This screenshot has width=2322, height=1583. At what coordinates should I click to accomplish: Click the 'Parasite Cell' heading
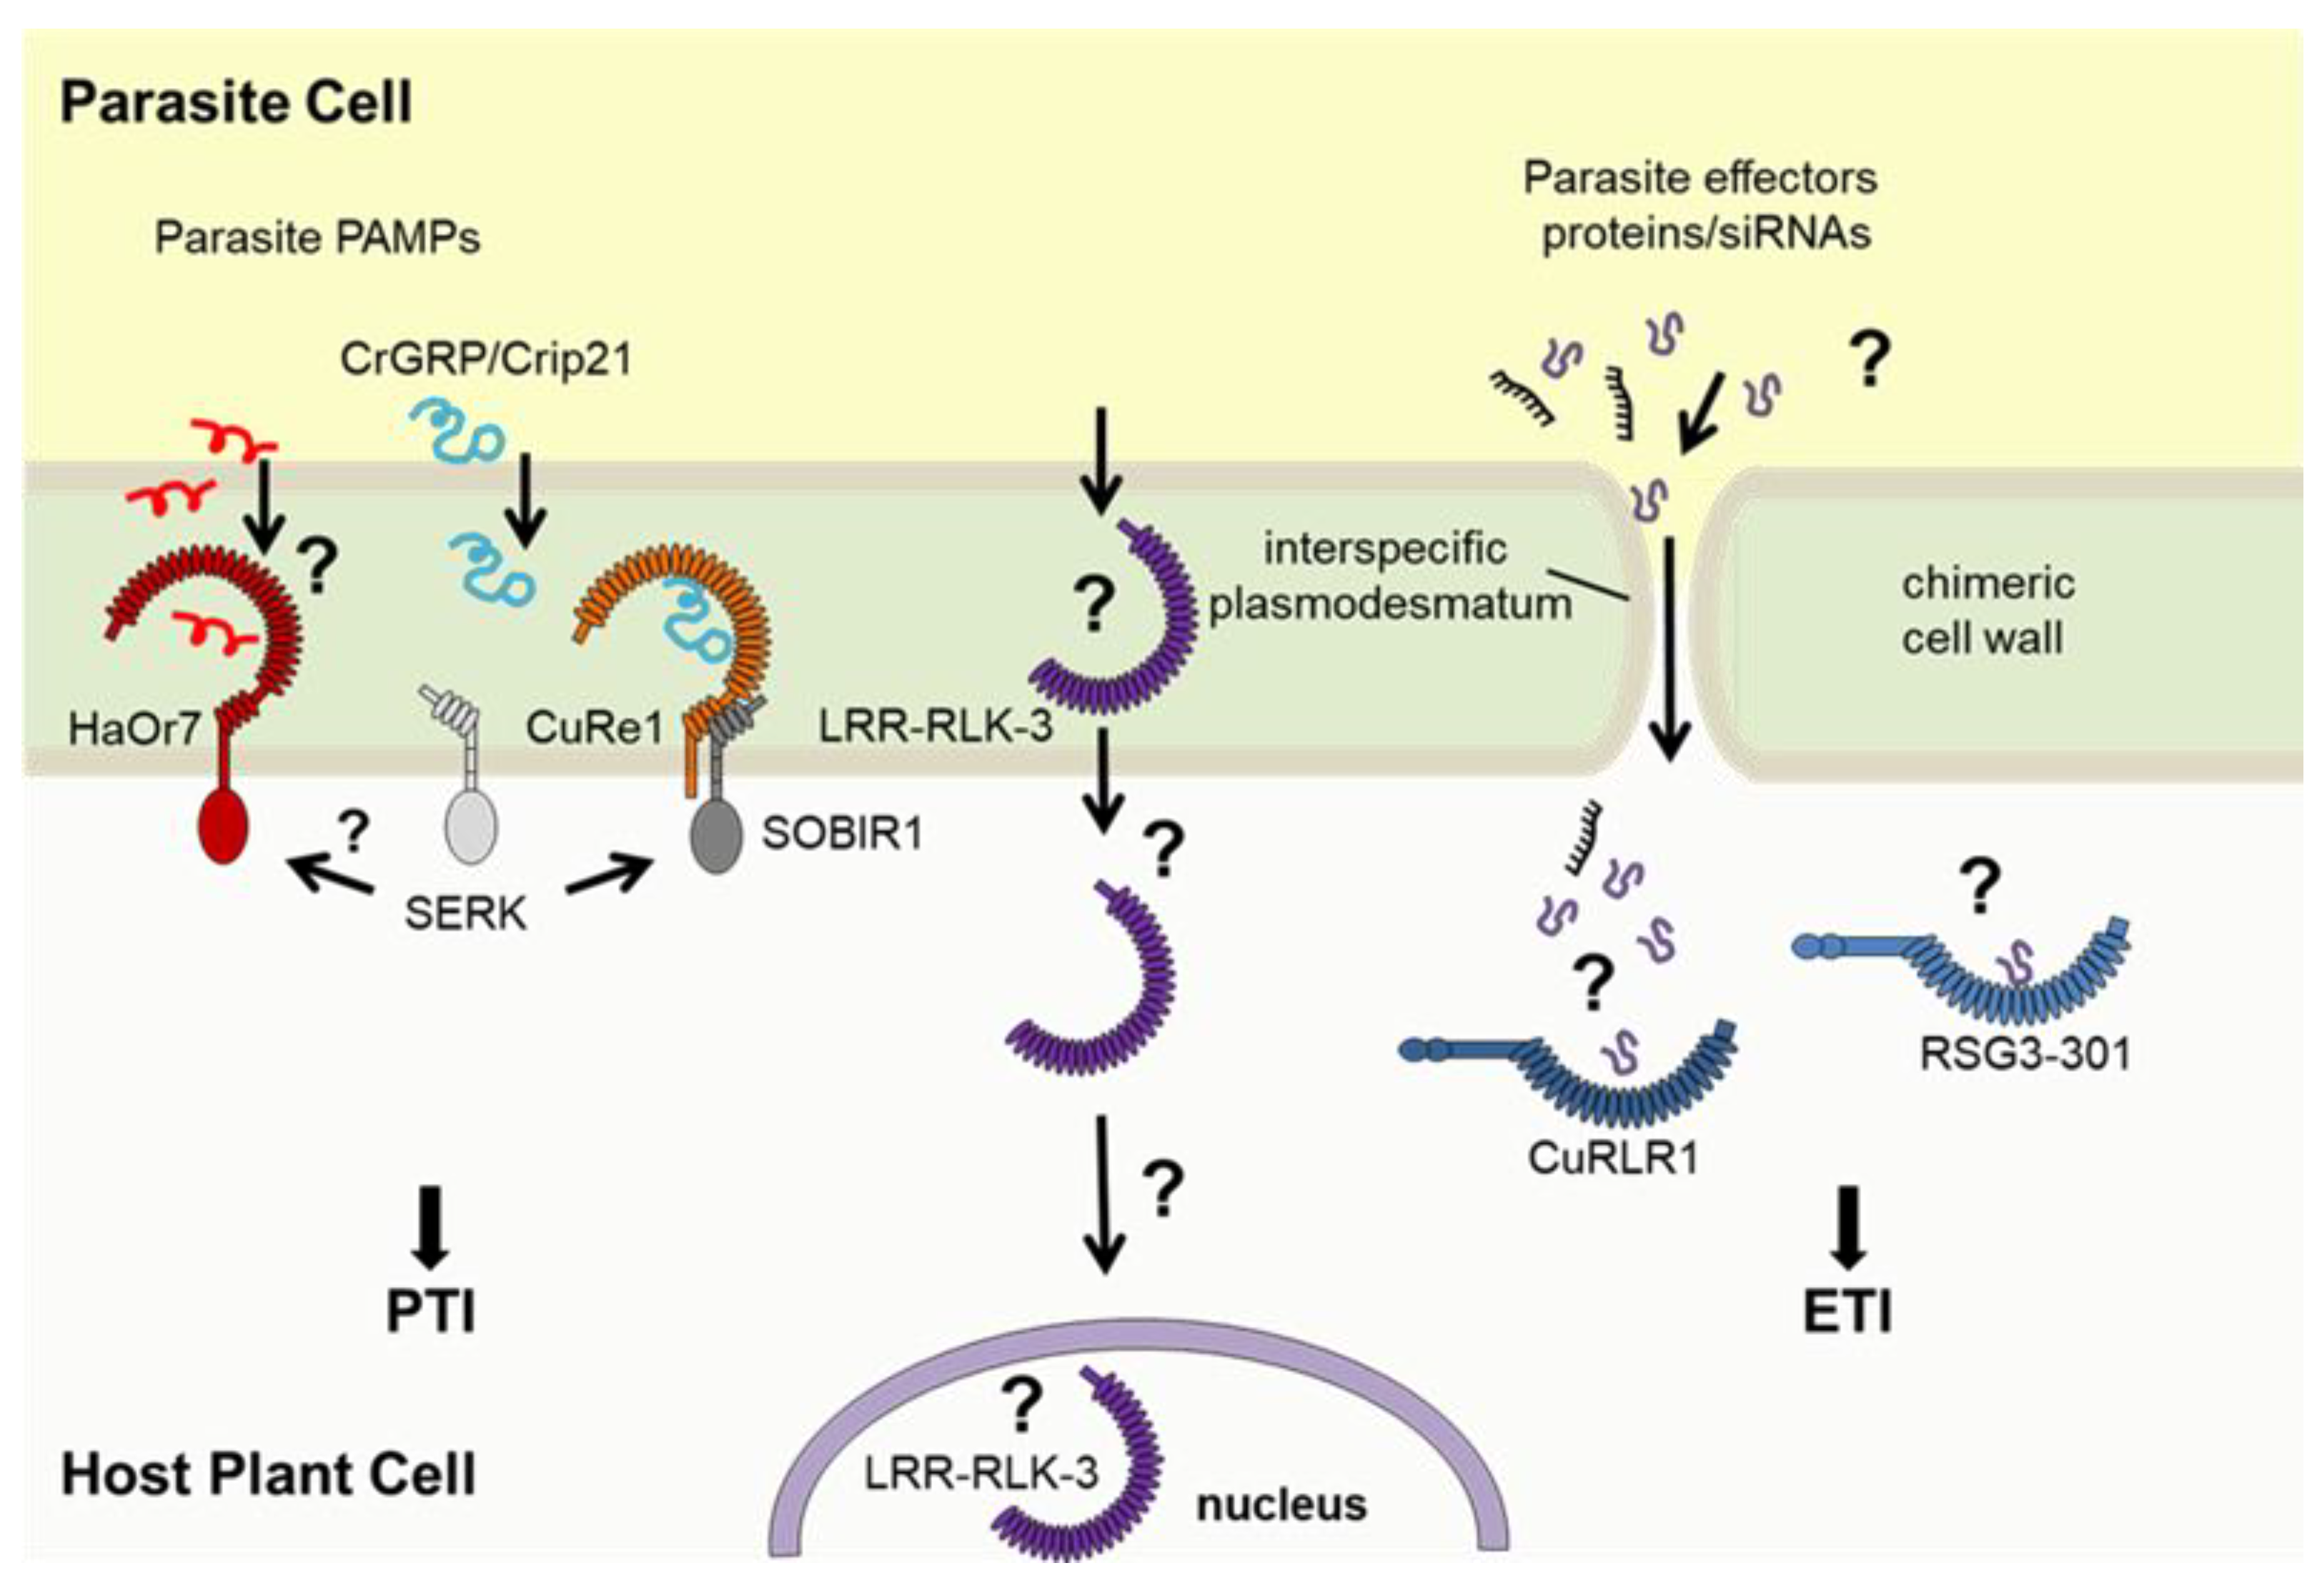click(236, 102)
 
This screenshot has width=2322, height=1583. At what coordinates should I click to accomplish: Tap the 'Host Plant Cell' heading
click(268, 1474)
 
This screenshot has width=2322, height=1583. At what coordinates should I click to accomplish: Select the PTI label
click(431, 1311)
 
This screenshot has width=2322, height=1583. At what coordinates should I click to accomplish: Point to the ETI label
click(1847, 1311)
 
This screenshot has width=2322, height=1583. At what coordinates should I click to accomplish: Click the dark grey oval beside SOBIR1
click(716, 837)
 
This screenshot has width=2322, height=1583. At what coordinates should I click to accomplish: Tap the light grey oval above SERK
click(470, 827)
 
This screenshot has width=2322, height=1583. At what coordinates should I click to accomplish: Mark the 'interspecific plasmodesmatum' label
click(1389, 576)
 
